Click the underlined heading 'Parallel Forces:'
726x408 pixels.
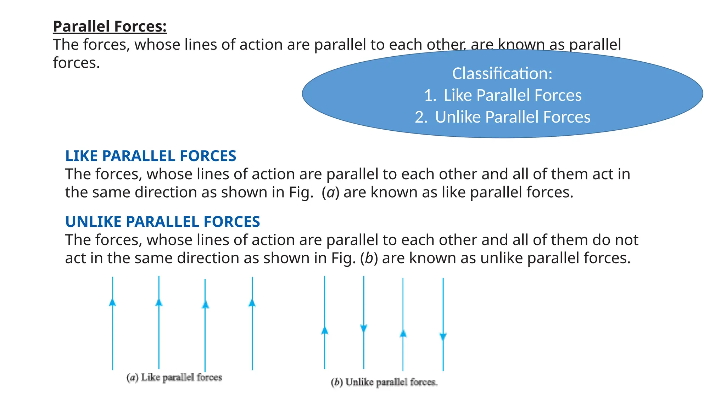click(x=110, y=27)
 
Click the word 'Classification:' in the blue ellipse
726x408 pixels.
click(x=502, y=74)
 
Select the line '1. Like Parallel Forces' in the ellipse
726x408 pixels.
click(x=503, y=95)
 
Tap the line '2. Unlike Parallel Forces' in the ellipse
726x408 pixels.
click(x=503, y=117)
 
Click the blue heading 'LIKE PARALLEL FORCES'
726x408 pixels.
click(x=151, y=156)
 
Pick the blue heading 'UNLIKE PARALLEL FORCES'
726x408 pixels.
click(x=163, y=222)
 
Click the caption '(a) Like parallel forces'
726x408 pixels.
click(x=174, y=378)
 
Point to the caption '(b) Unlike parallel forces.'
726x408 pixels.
click(x=384, y=382)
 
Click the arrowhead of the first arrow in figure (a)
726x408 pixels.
click(x=113, y=302)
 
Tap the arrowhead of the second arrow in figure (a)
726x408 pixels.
click(x=159, y=302)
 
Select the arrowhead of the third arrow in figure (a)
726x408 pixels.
click(x=205, y=305)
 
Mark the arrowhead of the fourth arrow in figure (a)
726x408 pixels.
click(x=252, y=303)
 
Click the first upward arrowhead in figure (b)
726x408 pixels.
click(x=325, y=330)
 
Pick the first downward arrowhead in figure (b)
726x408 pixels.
click(x=364, y=328)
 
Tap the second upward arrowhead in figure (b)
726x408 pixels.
click(x=403, y=333)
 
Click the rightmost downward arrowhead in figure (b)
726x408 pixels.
click(x=443, y=336)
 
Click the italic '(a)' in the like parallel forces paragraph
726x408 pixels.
click(x=330, y=193)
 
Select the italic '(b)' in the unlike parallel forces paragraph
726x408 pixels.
click(x=369, y=259)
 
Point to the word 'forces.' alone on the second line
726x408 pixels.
click(x=77, y=63)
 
